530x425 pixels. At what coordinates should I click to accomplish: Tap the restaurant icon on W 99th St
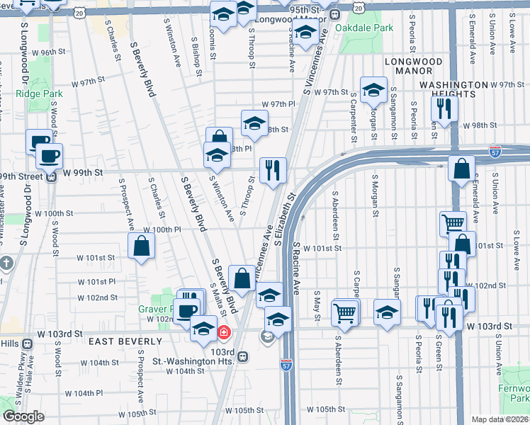coord(273,170)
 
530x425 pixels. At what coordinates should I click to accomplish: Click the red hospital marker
coord(224,331)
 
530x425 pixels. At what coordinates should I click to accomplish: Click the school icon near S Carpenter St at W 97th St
coord(373,90)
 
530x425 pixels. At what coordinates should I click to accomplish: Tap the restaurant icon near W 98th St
coord(444,108)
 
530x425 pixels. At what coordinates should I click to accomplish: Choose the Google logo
coord(23,417)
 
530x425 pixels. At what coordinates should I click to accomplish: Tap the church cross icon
coord(6,264)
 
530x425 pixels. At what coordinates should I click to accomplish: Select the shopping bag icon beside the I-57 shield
coord(461,169)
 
